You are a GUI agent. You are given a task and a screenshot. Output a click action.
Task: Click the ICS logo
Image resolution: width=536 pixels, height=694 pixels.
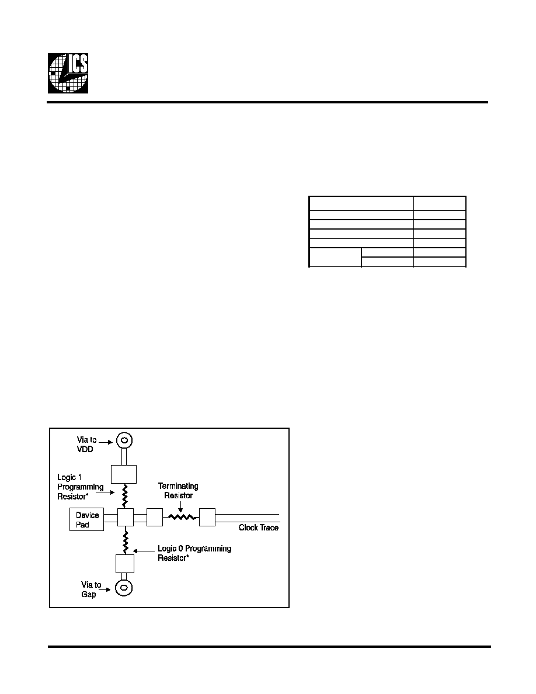coord(68,73)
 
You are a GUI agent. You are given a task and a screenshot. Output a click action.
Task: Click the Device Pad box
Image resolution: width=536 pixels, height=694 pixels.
coord(86,519)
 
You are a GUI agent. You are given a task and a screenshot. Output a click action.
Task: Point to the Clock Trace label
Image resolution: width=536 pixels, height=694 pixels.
coord(259,528)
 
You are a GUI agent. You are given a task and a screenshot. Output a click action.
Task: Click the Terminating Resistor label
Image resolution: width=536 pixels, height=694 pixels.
coord(178,491)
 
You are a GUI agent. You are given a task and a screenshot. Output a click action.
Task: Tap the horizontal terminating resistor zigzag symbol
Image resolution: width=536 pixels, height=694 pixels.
coord(182,516)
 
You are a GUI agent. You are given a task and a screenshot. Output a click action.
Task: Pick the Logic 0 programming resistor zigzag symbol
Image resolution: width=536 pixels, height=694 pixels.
coord(126,540)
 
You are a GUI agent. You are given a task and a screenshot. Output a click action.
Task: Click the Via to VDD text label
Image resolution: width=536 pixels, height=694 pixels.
coord(86,445)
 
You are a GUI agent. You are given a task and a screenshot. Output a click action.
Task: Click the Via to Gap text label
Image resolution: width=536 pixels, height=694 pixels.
coord(91,589)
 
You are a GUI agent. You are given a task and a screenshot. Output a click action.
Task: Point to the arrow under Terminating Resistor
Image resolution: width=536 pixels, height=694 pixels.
coord(180,507)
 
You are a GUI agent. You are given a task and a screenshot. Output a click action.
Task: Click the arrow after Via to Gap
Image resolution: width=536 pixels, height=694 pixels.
coord(107,589)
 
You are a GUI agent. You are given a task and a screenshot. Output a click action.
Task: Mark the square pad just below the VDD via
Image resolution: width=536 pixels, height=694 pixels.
coord(123,474)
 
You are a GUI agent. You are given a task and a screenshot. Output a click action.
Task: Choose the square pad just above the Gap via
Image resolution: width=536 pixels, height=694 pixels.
coord(125,563)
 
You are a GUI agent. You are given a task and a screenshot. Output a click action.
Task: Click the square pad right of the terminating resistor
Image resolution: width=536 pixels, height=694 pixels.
coord(207,518)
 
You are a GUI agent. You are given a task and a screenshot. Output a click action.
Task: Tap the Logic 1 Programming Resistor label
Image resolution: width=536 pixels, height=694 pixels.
coord(80,487)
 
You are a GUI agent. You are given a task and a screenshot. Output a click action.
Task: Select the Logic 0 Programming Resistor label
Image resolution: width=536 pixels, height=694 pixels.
coord(194,553)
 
